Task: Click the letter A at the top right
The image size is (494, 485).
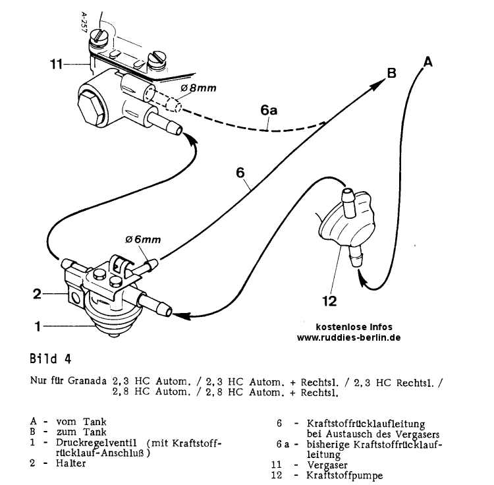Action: [427, 62]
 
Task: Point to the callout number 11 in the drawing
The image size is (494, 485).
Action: [58, 64]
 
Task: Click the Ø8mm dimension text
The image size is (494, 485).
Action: [200, 87]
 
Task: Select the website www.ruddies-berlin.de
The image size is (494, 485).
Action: [349, 337]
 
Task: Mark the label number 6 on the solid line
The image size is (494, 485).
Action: [240, 173]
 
